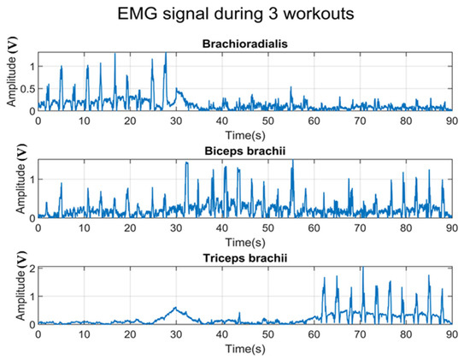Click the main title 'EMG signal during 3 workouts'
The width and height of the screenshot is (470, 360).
pyautogui.click(x=245, y=15)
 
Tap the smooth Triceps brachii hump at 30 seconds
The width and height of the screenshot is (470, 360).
pyautogui.click(x=175, y=308)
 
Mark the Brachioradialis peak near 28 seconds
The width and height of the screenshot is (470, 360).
pyautogui.click(x=166, y=55)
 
